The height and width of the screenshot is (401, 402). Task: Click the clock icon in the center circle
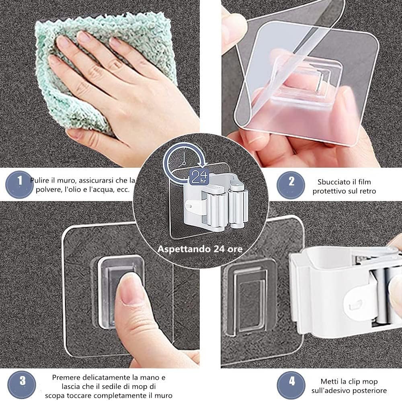click(x=183, y=160)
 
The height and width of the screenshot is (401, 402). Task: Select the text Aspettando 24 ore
click(x=200, y=249)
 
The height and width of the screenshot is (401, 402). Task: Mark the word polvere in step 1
click(x=46, y=190)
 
